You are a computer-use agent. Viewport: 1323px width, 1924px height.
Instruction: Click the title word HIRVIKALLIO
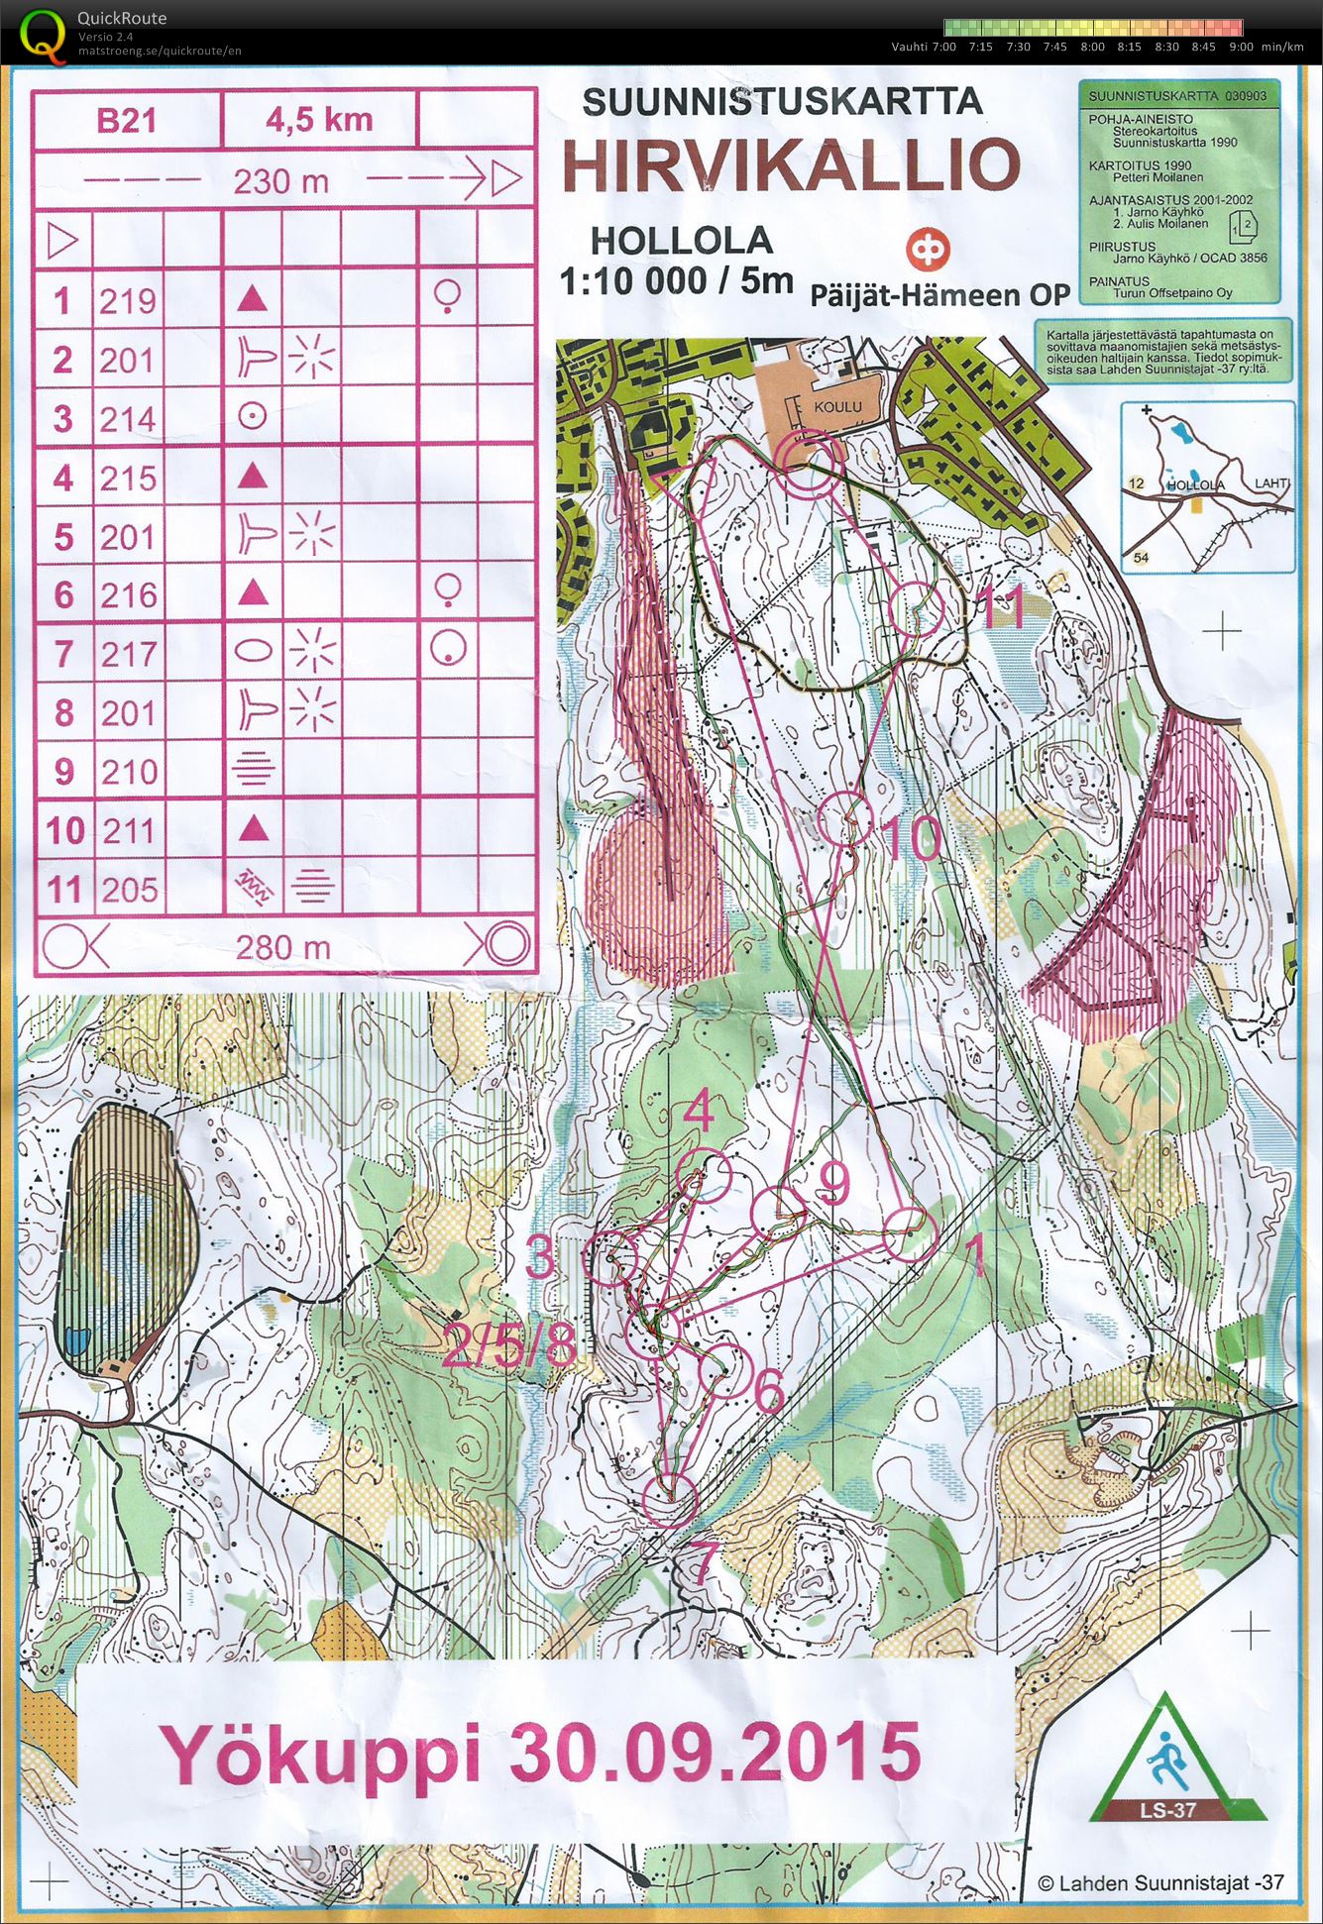[x=791, y=165]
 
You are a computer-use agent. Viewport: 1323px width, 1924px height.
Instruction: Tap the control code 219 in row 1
[x=128, y=300]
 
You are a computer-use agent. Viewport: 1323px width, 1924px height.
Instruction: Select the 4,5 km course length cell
[x=319, y=121]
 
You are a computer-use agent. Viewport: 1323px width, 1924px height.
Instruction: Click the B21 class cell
[x=127, y=121]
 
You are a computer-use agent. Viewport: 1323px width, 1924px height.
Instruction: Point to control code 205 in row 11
[x=129, y=889]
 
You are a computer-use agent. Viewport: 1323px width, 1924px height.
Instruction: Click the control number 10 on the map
[x=910, y=839]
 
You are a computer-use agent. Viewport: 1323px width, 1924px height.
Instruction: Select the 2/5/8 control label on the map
[x=509, y=1344]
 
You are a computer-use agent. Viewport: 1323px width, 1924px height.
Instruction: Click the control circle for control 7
[x=671, y=1498]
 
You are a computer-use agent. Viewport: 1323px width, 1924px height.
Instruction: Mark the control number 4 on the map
[x=700, y=1111]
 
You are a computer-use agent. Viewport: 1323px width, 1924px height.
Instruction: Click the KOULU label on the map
[x=837, y=406]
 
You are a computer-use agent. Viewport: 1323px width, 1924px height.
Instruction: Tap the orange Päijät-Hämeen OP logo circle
[x=928, y=250]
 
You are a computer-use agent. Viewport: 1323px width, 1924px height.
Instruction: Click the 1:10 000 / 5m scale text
[x=676, y=281]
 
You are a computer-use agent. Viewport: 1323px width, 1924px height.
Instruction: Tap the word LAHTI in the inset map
[x=1271, y=482]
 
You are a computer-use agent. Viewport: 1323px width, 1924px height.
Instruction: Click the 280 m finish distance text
[x=282, y=948]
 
